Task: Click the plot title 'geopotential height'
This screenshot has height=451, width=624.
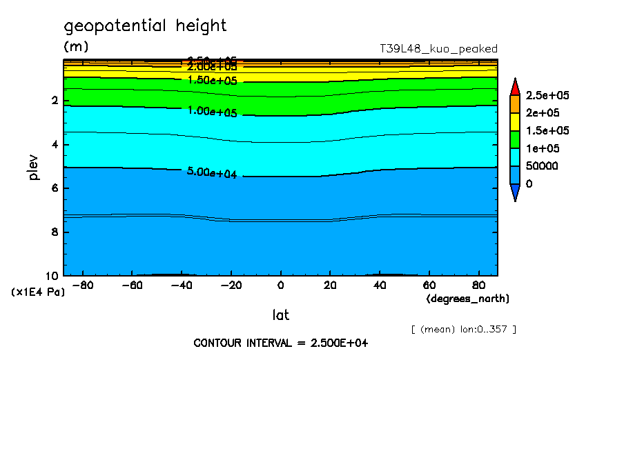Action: (x=145, y=26)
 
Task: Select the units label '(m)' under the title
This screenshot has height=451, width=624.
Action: (x=76, y=47)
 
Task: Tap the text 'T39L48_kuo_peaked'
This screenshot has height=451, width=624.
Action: (x=438, y=49)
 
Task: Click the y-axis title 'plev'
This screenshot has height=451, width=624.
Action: (x=33, y=167)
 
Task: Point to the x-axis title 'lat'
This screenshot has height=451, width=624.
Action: (x=280, y=315)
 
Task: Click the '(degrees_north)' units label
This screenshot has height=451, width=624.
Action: (x=468, y=298)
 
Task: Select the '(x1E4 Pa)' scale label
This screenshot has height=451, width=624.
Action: (x=38, y=292)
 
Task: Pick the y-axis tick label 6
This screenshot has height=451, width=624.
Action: (x=55, y=188)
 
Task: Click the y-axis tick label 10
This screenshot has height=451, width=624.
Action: (x=52, y=275)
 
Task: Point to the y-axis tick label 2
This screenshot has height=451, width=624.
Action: (x=55, y=101)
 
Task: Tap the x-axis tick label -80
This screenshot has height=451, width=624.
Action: (x=84, y=285)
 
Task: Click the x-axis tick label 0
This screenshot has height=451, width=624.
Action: (x=280, y=285)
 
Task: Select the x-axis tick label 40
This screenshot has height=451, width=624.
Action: (x=379, y=285)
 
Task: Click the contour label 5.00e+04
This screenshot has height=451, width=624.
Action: (x=212, y=173)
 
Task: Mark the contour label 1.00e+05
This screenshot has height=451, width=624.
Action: (x=212, y=111)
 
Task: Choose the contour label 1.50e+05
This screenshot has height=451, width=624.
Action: (x=212, y=80)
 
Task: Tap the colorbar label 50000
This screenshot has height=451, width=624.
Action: (x=541, y=166)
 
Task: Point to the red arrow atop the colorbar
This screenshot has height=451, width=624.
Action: (x=515, y=86)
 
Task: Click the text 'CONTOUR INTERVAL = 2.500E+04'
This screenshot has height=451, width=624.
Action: (x=281, y=343)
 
